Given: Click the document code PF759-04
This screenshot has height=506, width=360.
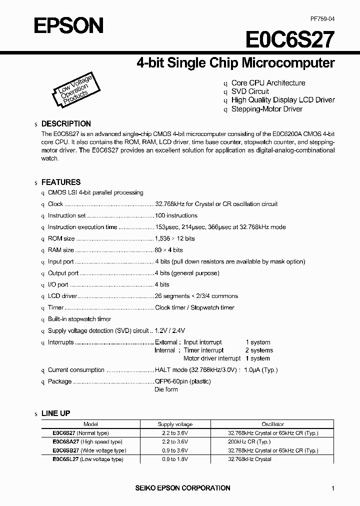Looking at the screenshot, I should (x=321, y=18).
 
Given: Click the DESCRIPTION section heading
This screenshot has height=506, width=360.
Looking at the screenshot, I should (x=66, y=123).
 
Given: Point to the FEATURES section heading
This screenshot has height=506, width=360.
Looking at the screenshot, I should (x=60, y=182).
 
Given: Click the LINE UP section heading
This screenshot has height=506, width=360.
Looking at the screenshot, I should (x=55, y=413).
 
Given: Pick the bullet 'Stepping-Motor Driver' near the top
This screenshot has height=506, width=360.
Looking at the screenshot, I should (x=266, y=108).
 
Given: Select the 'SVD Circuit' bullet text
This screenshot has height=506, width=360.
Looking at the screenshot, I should (x=250, y=91).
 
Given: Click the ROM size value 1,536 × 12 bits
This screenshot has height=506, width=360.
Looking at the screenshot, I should (x=174, y=238).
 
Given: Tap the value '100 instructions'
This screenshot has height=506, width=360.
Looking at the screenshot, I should (x=176, y=215).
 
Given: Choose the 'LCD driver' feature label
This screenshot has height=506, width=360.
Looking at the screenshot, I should (x=62, y=296).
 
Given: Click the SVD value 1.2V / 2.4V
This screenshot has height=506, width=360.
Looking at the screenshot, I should (x=170, y=330).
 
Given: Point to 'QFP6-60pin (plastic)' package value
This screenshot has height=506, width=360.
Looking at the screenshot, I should (x=182, y=381).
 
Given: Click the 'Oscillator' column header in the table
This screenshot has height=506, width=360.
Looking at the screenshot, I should (x=272, y=424).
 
